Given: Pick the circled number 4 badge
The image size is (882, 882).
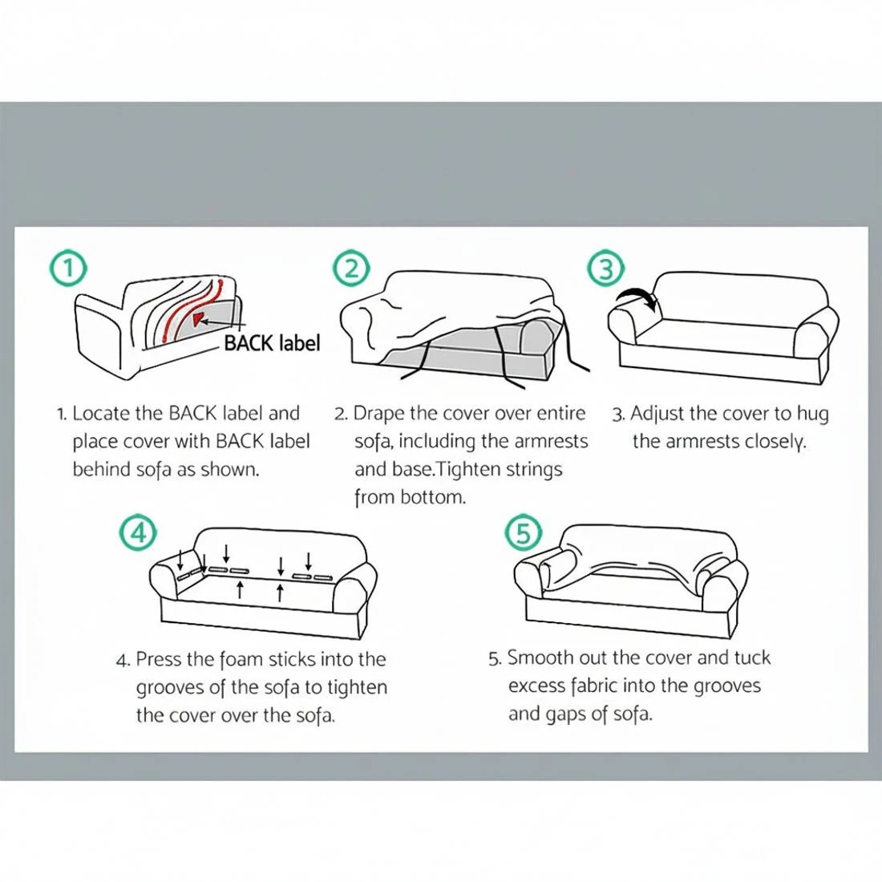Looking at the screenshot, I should pyautogui.click(x=139, y=532).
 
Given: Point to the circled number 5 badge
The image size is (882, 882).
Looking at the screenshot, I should pyautogui.click(x=524, y=532).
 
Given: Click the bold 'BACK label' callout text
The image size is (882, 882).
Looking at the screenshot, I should pyautogui.click(x=272, y=343).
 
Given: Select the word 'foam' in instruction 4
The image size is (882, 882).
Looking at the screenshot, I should pyautogui.click(x=241, y=660).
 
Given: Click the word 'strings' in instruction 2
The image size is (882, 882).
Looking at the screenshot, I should pyautogui.click(x=533, y=469).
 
